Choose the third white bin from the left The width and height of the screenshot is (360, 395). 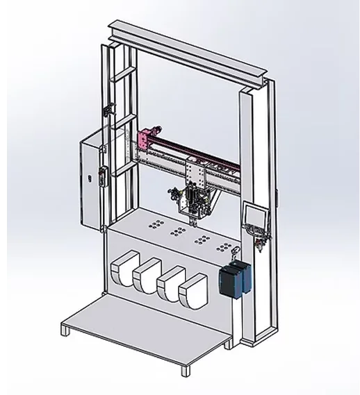pyautogui.click(x=169, y=285)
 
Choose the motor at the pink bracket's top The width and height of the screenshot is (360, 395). pyautogui.click(x=157, y=129)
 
